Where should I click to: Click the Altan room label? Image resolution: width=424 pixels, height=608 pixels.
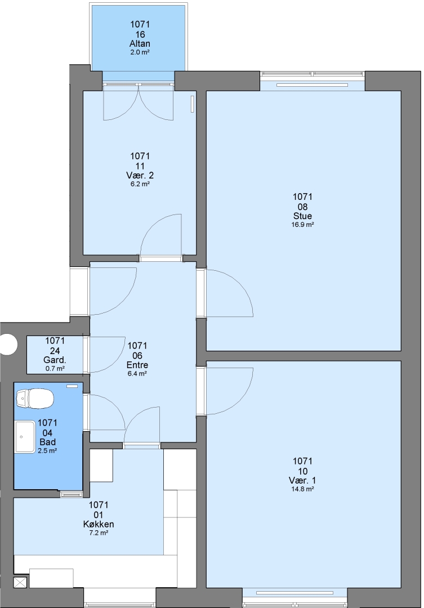point(140,43)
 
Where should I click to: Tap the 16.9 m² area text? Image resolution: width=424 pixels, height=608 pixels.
point(302,225)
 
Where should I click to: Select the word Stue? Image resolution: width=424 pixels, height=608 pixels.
point(302,216)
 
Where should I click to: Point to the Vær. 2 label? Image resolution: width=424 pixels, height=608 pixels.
point(140,175)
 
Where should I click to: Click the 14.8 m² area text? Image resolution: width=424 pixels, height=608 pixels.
point(302,489)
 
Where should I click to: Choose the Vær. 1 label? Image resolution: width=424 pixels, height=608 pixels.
point(302,480)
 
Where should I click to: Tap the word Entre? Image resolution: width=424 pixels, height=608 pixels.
point(137,365)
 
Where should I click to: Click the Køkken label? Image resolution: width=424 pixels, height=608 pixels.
point(99,524)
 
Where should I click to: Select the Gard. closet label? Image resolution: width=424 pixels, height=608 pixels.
point(55,360)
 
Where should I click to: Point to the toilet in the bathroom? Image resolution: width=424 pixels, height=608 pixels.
point(34,399)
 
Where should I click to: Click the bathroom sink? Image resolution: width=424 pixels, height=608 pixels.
point(25,437)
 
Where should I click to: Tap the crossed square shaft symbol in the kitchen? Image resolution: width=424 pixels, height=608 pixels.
point(20,583)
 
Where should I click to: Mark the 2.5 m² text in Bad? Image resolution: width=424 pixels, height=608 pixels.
point(47,451)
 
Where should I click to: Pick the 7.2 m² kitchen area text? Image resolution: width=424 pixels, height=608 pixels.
point(99,533)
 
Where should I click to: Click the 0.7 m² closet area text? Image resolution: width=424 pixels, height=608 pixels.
point(55,369)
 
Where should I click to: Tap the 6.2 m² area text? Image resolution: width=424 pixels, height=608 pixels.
point(140,184)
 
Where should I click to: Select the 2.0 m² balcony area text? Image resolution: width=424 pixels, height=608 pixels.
point(140,52)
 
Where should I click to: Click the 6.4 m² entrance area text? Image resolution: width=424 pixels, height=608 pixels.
point(137,374)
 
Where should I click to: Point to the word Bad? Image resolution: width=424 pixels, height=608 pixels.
point(47,442)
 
